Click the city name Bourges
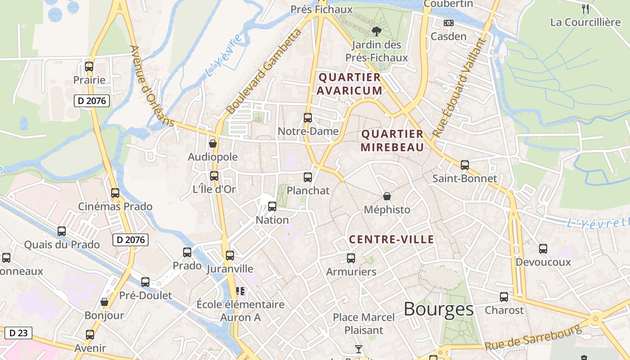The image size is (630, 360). click(x=438, y=309)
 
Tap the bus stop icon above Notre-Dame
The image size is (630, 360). click(x=308, y=118)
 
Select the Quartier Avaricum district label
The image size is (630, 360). click(x=350, y=84)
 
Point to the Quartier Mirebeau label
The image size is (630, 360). click(x=392, y=140)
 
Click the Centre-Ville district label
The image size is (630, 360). click(x=391, y=239)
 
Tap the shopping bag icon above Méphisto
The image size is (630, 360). click(x=387, y=196)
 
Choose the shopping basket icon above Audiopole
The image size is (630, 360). click(x=213, y=144)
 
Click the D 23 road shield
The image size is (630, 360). click(x=18, y=333)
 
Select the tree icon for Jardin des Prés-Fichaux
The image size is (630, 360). click(x=376, y=31)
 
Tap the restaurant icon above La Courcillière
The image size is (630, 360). click(x=585, y=8)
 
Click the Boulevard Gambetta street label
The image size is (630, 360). click(x=263, y=72)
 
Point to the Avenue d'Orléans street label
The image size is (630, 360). click(x=152, y=85)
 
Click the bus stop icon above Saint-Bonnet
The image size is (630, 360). click(x=465, y=165)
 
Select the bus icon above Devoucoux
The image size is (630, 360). click(x=543, y=248)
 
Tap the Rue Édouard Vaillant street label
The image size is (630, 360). click(x=459, y=88)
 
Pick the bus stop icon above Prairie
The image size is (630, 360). click(x=89, y=67)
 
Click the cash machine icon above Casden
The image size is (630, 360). click(x=448, y=23)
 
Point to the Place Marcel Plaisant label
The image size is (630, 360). click(x=364, y=324)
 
